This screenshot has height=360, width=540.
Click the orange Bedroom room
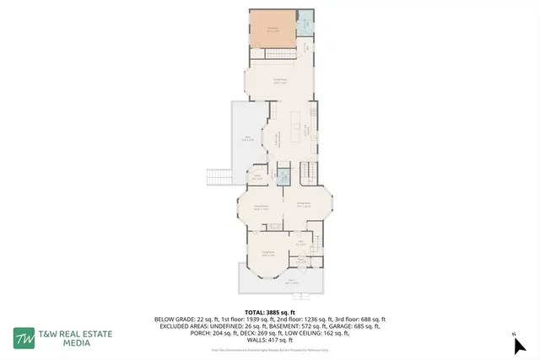pos(272,30)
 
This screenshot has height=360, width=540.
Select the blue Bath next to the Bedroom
pos(305,26)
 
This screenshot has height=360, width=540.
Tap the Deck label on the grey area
pos(246,139)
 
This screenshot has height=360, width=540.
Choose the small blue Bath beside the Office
pos(284,177)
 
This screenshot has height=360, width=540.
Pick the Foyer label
pos(300,261)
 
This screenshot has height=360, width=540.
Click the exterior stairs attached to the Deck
pos(219,176)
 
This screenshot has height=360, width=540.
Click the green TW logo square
pos(24,338)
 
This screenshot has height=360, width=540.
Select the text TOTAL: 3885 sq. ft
pos(269,312)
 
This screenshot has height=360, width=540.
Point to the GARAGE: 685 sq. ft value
pos(356,326)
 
